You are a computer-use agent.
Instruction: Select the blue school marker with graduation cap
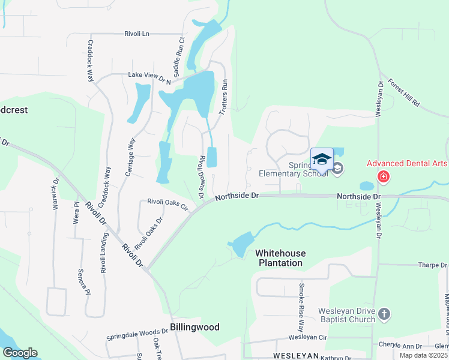(322, 160)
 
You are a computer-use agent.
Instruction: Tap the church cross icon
(384, 314)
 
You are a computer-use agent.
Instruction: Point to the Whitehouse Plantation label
(280, 258)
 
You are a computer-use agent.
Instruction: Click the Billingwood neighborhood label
(194, 327)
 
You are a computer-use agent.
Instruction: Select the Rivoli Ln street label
(137, 34)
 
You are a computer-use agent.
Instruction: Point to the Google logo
(19, 353)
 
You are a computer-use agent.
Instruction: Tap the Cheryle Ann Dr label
(400, 346)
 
